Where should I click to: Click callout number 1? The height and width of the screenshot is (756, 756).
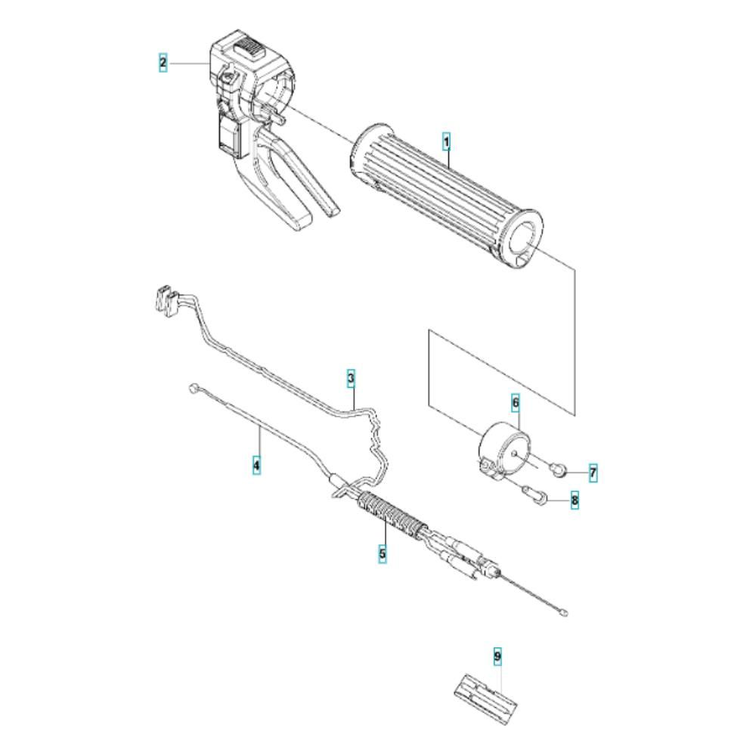click(447, 141)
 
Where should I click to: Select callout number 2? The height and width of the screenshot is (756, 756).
click(163, 63)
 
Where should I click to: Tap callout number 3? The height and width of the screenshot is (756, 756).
click(351, 377)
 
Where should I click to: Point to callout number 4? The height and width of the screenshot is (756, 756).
click(257, 465)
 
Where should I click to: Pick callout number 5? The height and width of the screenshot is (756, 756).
click(383, 554)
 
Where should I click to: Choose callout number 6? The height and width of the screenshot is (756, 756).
click(516, 402)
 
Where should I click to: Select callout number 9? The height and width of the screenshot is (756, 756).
click(497, 657)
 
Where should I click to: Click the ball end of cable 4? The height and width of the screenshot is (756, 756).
click(193, 389)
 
